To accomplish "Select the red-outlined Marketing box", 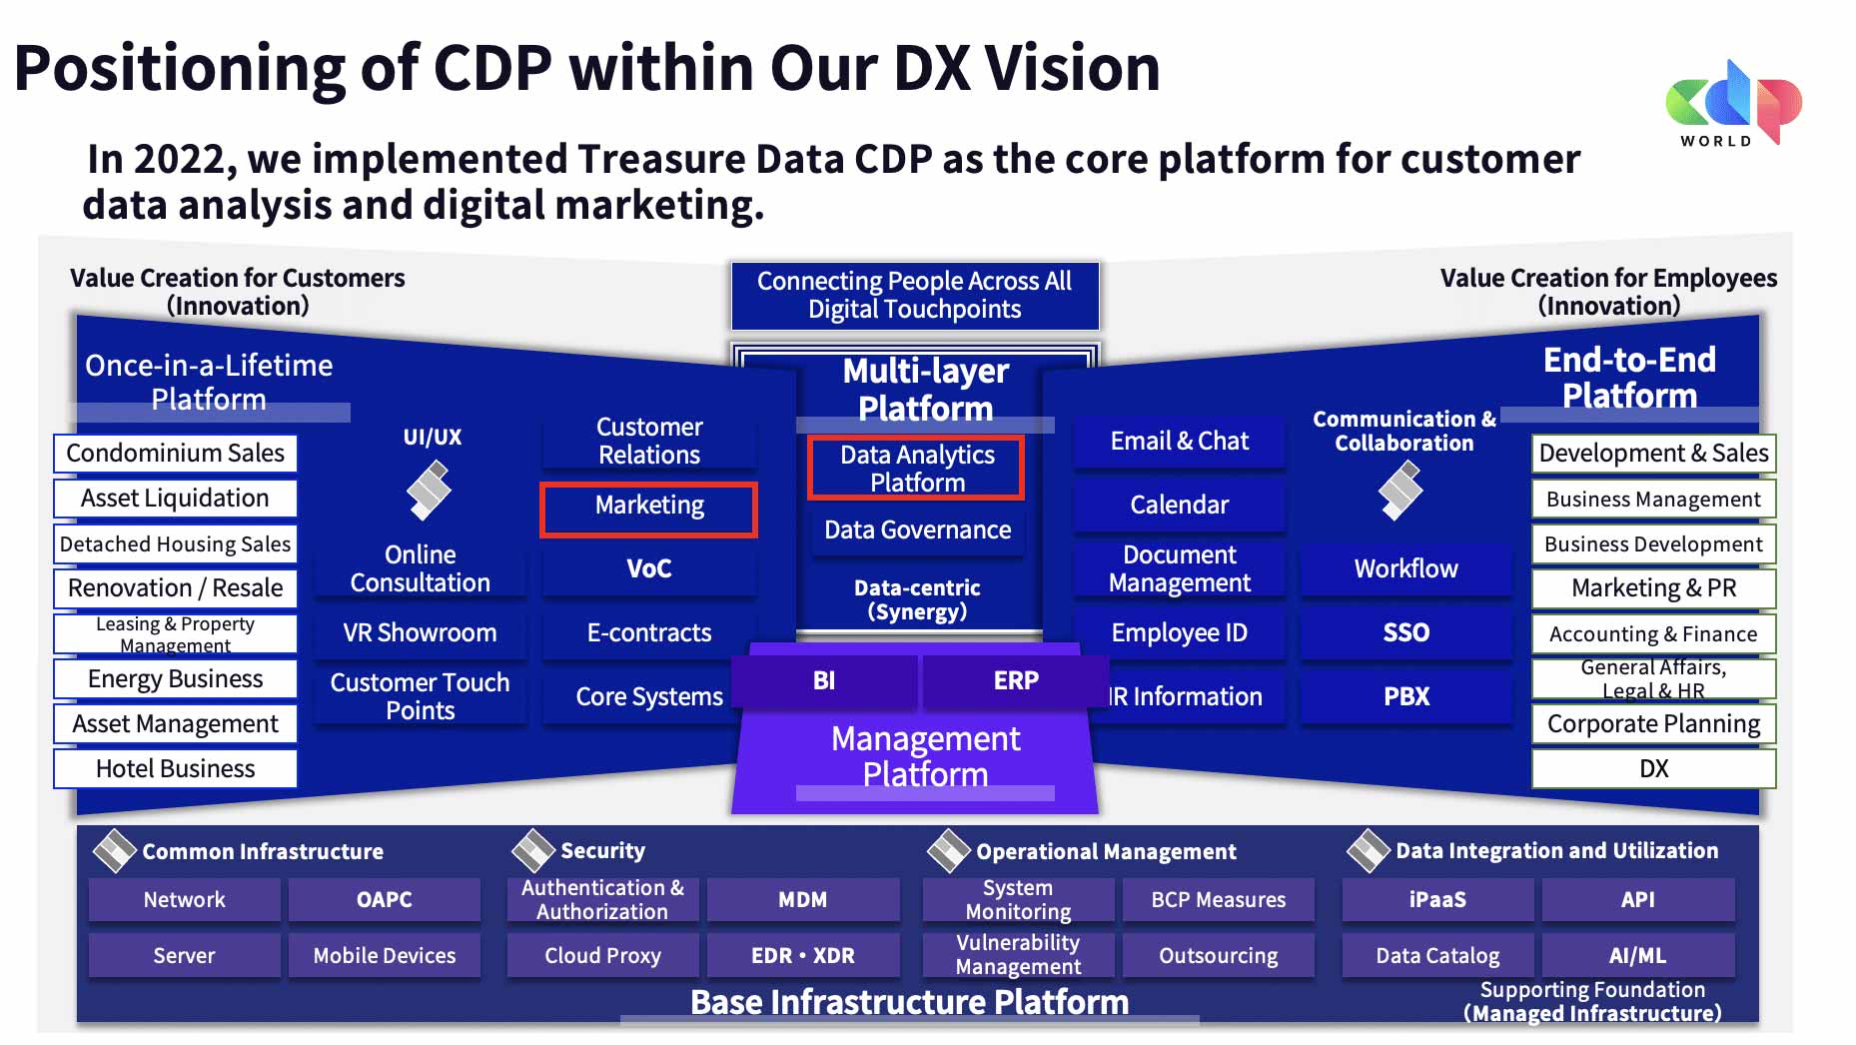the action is click(649, 510).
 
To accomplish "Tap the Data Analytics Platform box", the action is click(916, 468).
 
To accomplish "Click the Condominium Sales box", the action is click(175, 453).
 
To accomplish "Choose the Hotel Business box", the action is click(175, 768).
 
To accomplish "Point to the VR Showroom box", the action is click(420, 632).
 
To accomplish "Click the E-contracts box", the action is click(649, 632).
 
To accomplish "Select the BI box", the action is click(824, 680).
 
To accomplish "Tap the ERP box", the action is click(1016, 680).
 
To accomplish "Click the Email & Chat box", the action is click(1179, 441).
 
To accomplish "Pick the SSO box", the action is click(1406, 632).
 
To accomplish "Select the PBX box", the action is click(1406, 696).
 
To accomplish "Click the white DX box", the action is click(1653, 768).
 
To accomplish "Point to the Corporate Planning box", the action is click(1653, 723).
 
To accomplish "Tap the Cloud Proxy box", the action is click(602, 955).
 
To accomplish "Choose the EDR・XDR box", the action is click(803, 955).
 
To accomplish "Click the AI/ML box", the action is click(1637, 955).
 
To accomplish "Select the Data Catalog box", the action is click(1437, 955).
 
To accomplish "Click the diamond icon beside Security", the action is click(532, 850).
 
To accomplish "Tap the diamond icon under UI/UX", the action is click(429, 492).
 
